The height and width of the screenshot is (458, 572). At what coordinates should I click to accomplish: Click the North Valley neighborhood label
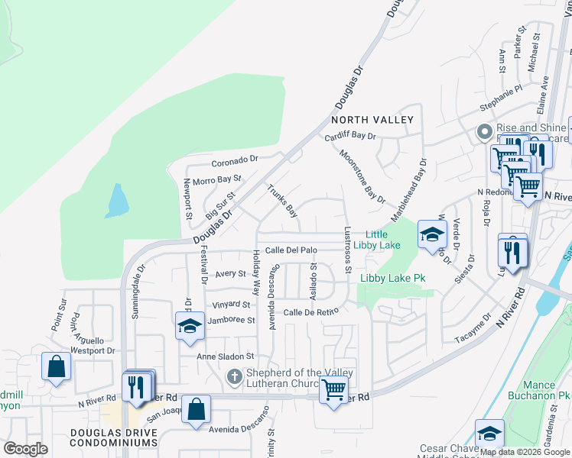point(372,120)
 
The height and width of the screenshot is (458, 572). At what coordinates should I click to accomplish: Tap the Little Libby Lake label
point(382,240)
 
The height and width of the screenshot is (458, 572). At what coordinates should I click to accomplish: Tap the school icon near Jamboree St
point(189,326)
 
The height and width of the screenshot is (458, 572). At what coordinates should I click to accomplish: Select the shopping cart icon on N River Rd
point(333,390)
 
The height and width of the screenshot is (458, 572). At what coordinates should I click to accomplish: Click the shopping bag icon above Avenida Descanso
point(197,408)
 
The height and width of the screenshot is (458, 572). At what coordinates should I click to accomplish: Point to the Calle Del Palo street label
point(291,250)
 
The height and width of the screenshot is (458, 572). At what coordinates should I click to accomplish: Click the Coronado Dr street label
point(236,161)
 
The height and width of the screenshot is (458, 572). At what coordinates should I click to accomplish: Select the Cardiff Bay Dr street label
point(350,136)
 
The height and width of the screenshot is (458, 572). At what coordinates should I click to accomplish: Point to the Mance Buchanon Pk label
point(546,391)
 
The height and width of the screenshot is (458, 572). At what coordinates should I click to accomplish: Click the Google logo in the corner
point(25,449)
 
